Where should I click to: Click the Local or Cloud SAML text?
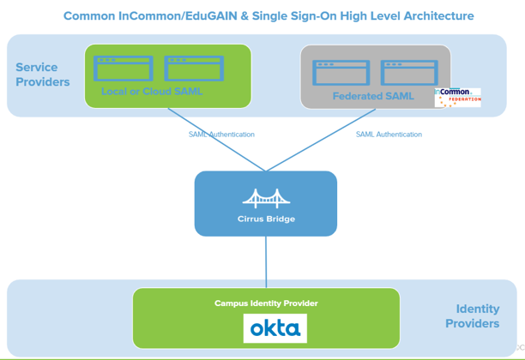click(152, 91)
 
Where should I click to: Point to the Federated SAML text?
click(373, 96)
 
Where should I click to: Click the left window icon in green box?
click(124, 69)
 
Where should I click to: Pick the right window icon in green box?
click(194, 69)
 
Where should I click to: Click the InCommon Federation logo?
click(457, 96)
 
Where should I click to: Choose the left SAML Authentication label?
click(221, 135)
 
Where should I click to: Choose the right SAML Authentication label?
click(389, 135)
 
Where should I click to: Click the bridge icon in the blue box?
click(266, 199)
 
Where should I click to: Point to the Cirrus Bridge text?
click(266, 219)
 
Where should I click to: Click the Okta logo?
click(275, 328)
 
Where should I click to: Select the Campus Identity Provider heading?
click(266, 303)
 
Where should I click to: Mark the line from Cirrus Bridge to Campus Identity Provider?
click(266, 261)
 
